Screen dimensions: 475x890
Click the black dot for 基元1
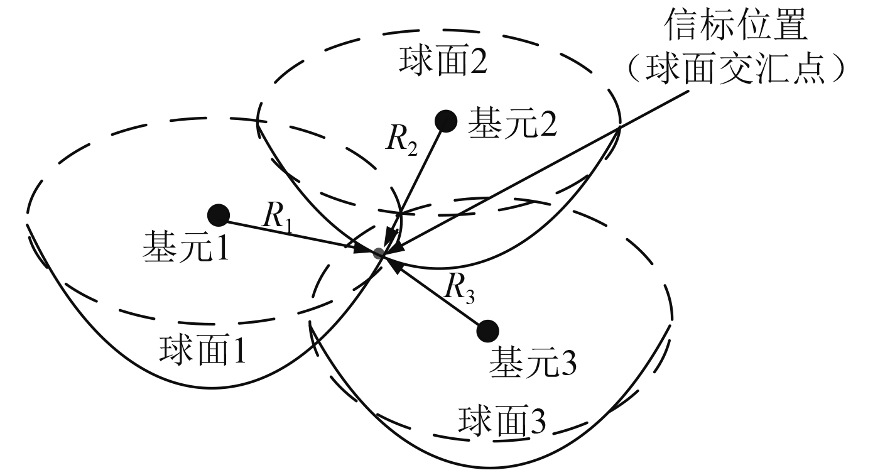click(218, 215)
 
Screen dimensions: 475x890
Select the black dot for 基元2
click(446, 121)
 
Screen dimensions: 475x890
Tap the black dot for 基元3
click(488, 330)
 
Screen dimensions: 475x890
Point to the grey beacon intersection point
click(378, 253)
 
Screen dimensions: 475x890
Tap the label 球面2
click(443, 61)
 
